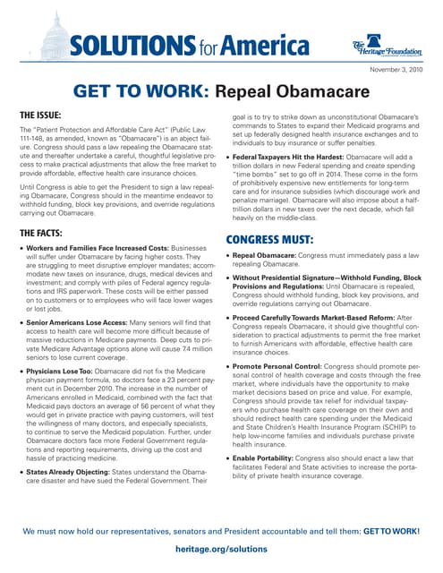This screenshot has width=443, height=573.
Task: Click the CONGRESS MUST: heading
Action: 268,215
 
